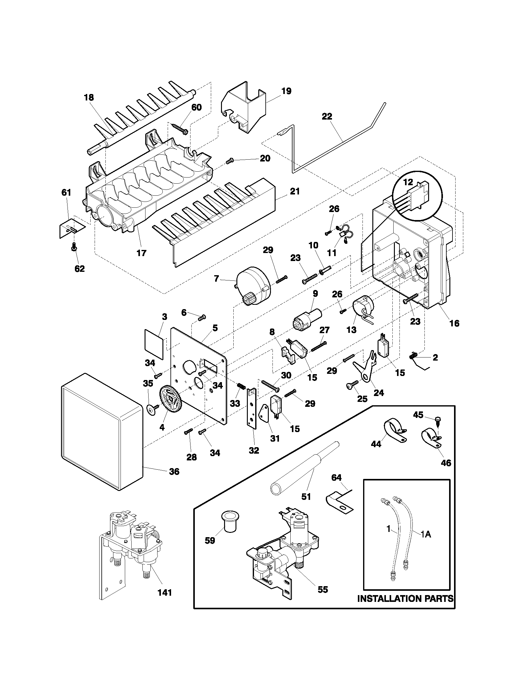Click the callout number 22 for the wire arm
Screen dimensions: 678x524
pos(327,116)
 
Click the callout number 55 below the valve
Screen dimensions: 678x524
pos(323,590)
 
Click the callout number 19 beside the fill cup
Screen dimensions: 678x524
pos(286,91)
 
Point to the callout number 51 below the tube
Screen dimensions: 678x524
pos(306,496)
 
